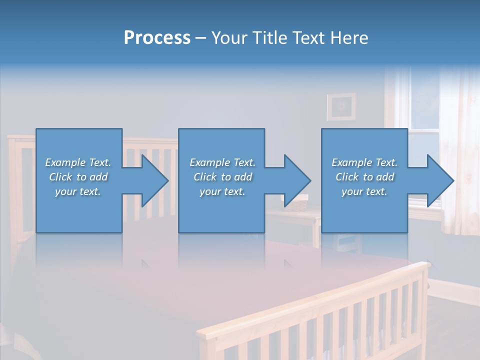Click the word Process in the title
(x=157, y=38)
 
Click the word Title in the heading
(x=267, y=38)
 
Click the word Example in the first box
(x=65, y=162)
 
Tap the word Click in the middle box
(x=204, y=177)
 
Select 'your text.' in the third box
(x=364, y=191)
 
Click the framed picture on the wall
(x=341, y=106)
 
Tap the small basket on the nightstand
(x=298, y=204)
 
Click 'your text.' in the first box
(x=78, y=191)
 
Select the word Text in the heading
(x=307, y=38)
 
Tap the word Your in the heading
(x=229, y=38)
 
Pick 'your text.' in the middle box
(x=222, y=191)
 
